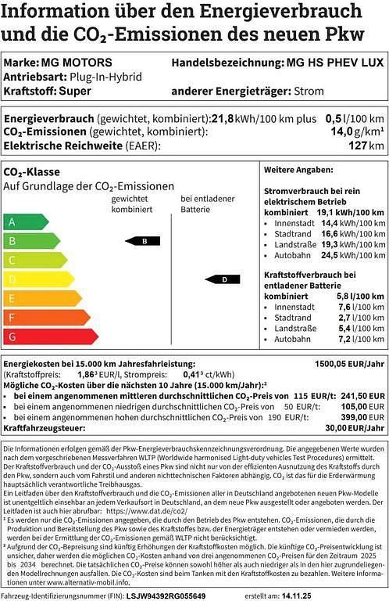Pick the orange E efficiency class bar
coord(41,298)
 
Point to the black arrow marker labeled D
coord(222,279)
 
